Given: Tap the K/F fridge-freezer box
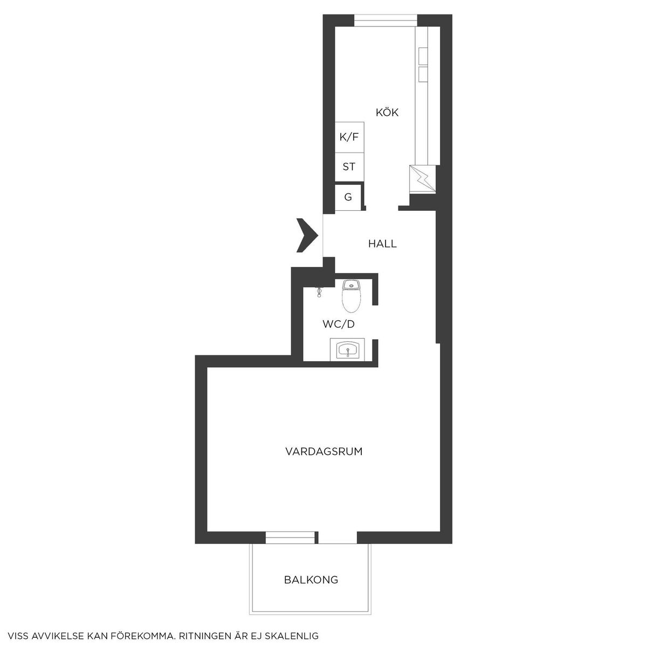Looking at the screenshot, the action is click(349, 137).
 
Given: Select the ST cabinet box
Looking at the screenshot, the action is click(349, 167).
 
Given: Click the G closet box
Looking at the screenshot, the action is click(348, 197).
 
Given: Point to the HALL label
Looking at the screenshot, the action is click(382, 243).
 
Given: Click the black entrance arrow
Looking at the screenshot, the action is click(307, 235).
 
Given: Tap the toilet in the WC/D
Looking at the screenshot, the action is click(351, 296).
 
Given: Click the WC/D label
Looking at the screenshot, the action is click(339, 324).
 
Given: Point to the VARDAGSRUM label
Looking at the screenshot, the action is click(324, 452).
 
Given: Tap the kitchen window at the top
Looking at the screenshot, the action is click(386, 20).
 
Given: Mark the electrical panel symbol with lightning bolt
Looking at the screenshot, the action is click(422, 179).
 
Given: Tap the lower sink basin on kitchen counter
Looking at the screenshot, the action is click(423, 74).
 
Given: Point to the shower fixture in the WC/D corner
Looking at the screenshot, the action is click(319, 292).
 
